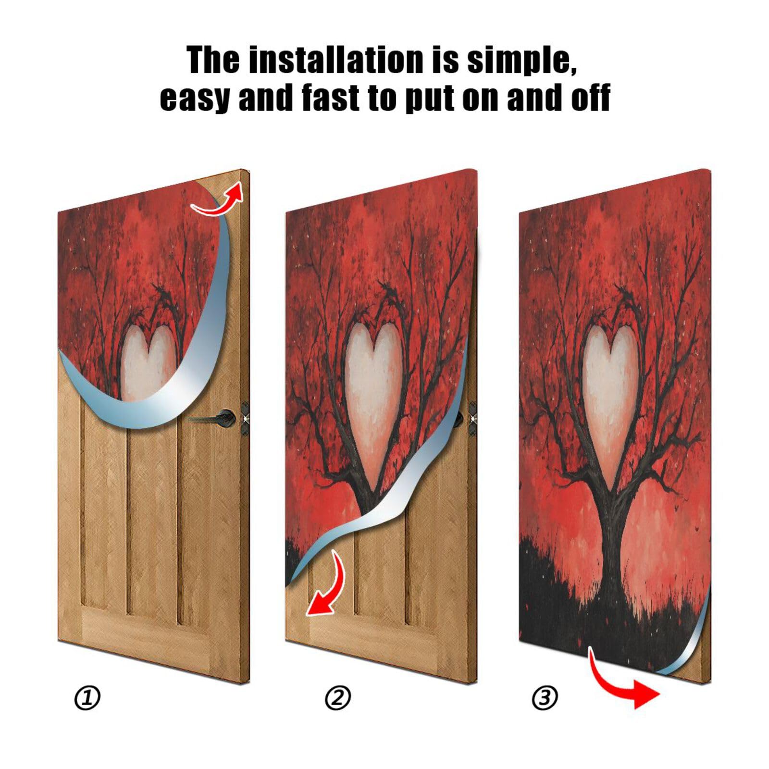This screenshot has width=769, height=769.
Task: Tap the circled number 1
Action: tap(87, 698)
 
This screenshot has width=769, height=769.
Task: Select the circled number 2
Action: tap(338, 698)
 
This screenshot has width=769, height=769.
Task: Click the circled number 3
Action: tap(545, 698)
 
